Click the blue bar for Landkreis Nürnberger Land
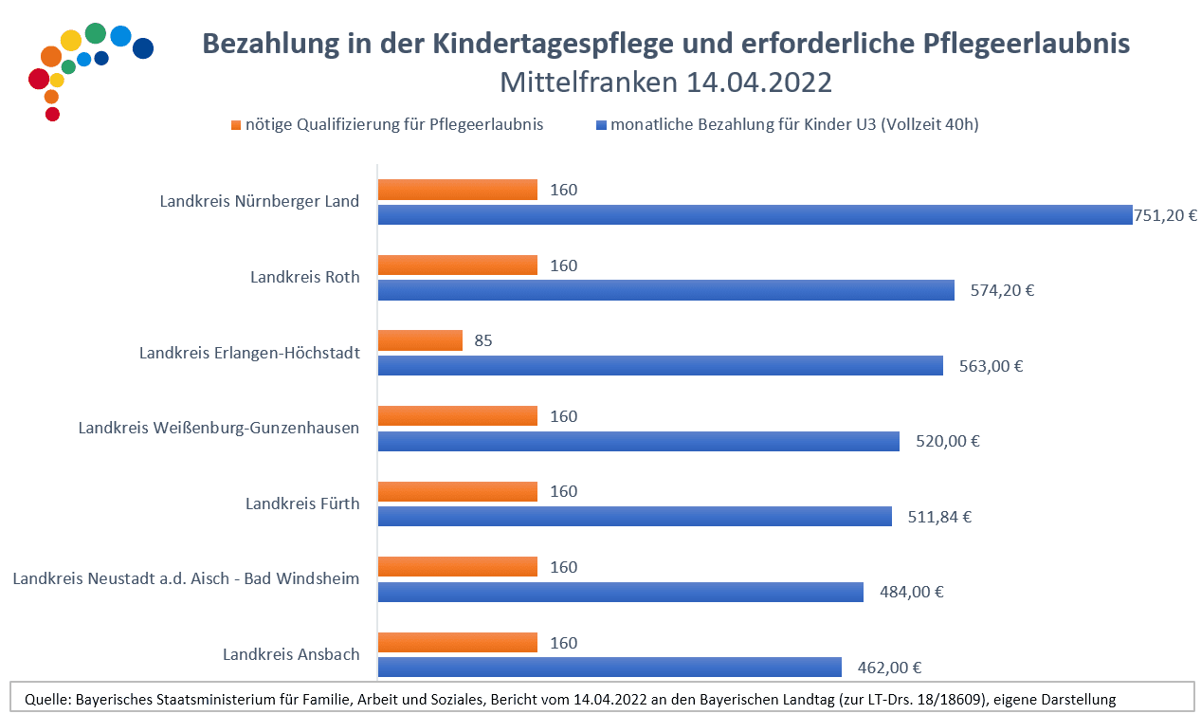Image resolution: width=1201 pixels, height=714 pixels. click(755, 215)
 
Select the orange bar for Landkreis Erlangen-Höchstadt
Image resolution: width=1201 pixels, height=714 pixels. click(420, 340)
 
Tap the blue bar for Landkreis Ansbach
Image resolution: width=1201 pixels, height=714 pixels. click(610, 668)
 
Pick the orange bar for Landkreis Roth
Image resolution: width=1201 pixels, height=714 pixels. click(458, 265)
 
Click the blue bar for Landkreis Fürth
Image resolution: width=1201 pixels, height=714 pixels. click(635, 517)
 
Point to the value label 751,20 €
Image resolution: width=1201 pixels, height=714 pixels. click(1166, 215)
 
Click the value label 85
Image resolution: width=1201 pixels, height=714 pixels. click(483, 340)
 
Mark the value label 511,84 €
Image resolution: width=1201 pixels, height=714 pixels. click(939, 517)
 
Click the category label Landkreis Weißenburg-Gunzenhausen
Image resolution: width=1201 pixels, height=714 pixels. click(219, 428)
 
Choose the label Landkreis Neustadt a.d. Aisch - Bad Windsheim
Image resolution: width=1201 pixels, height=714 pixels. click(186, 578)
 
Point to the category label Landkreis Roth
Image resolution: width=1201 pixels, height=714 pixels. click(305, 277)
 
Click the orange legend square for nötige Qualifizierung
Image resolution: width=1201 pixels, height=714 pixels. click(236, 125)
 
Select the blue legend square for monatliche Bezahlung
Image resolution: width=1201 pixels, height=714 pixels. click(601, 125)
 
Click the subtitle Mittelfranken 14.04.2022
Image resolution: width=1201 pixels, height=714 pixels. click(665, 82)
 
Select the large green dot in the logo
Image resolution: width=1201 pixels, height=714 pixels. click(95, 33)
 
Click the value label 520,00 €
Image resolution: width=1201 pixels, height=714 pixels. click(946, 441)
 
